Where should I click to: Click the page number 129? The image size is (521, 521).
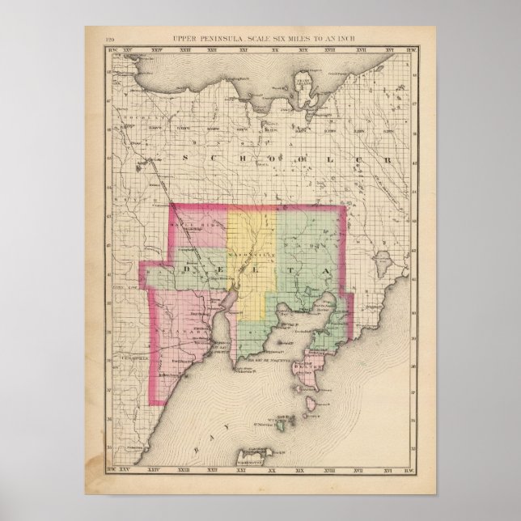112,40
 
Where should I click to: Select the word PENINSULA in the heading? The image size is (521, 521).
227,40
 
